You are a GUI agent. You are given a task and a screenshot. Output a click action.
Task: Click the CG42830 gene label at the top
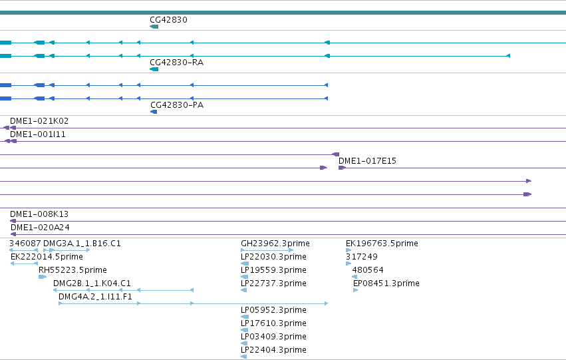(168, 20)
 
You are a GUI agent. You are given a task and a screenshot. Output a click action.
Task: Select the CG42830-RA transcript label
(176, 63)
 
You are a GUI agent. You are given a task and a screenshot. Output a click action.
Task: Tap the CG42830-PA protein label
(177, 105)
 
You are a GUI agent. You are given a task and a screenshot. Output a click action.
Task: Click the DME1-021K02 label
(39, 121)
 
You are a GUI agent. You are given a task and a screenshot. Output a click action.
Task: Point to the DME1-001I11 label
(38, 134)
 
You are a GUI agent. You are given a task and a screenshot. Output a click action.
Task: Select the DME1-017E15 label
(367, 161)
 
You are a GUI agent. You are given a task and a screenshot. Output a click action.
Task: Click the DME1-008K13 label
(39, 214)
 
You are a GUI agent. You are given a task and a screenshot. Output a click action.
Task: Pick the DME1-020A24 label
(40, 228)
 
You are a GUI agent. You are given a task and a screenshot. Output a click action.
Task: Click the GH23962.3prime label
(275, 244)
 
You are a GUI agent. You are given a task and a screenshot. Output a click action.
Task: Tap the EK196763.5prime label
(382, 244)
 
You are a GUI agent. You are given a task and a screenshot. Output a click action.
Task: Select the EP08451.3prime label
(386, 283)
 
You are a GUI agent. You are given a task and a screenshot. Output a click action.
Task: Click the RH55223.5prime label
(72, 270)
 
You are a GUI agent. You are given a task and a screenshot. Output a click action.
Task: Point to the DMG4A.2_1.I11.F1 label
(95, 297)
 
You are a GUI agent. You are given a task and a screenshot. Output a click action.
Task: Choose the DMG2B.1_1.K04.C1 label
(92, 283)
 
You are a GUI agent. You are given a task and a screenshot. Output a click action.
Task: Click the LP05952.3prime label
(273, 310)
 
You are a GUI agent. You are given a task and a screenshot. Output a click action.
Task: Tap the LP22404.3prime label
(273, 350)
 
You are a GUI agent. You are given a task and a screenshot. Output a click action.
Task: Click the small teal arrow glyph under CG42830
(154, 27)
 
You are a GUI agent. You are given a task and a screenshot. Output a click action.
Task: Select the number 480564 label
(368, 270)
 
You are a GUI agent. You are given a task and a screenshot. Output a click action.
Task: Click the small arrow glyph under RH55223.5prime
(43, 277)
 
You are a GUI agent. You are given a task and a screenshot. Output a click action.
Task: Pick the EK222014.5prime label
(47, 257)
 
